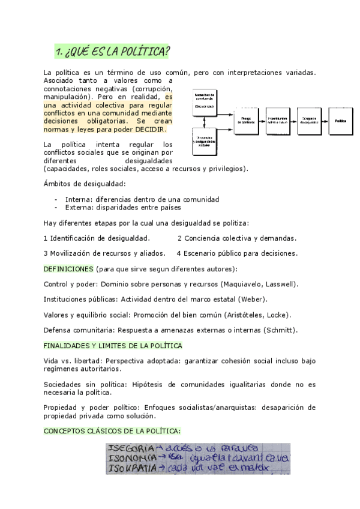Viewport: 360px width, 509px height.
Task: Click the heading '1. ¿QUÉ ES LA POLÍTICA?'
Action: tap(111, 51)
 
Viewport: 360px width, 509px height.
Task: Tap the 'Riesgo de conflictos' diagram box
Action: tap(247, 120)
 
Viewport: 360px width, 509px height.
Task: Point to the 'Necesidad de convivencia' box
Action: tap(205, 101)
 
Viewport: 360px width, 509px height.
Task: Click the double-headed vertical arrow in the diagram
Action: tap(205, 122)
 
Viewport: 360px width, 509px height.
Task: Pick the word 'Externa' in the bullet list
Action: tap(77, 208)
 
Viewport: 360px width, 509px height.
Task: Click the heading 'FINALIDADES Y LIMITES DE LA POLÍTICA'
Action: tap(113, 346)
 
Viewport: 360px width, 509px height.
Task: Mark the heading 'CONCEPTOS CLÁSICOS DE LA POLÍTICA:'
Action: tap(112, 431)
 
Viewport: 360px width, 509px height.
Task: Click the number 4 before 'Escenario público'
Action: tap(179, 253)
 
